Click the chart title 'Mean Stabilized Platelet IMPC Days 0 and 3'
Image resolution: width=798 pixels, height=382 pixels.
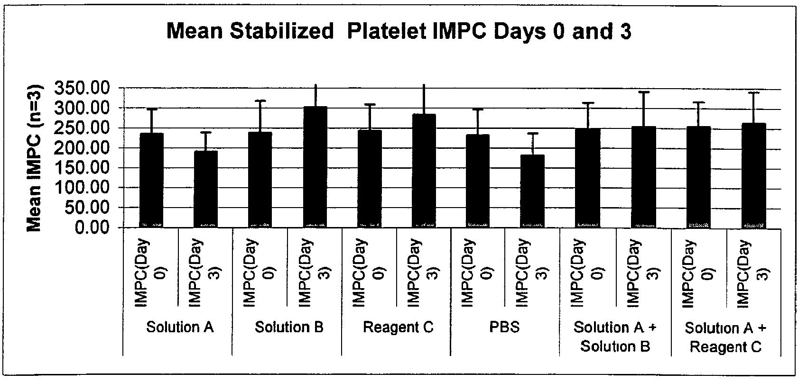(x=399, y=32)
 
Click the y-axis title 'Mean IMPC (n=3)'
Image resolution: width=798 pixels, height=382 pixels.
(x=34, y=158)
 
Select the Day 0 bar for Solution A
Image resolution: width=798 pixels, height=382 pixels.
(x=151, y=180)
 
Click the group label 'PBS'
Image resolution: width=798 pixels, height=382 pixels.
(x=505, y=327)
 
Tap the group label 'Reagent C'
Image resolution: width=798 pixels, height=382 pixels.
(x=398, y=327)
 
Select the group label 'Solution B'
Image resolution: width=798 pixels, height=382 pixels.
(x=289, y=327)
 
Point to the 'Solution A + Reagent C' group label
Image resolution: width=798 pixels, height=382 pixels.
(x=725, y=337)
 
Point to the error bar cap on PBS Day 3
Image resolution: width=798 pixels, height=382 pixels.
(x=532, y=133)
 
